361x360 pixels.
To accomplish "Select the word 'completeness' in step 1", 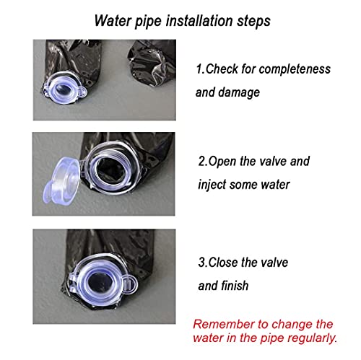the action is pos(295,70).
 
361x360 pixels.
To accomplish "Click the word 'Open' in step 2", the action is pos(222,162).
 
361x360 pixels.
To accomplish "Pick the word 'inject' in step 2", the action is pos(212,185).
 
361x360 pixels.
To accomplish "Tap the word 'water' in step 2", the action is pos(275,185).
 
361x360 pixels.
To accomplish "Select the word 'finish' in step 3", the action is pos(235,286).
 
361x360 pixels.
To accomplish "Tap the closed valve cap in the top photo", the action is pos(63,88).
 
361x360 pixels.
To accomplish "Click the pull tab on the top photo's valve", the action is pos(82,92).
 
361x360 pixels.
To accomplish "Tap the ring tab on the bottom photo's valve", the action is pos(130,284).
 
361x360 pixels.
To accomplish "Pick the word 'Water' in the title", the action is pos(113,21).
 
